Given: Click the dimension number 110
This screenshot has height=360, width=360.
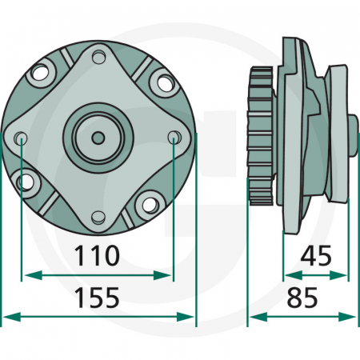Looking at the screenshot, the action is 97,256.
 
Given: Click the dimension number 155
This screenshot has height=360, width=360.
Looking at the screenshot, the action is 97,298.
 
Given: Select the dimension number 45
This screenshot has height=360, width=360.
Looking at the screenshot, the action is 316,256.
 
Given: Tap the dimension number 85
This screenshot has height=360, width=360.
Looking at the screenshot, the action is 302,298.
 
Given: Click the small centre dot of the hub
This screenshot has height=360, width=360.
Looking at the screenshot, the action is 98,138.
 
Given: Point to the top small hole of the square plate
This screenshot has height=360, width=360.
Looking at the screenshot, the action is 99,57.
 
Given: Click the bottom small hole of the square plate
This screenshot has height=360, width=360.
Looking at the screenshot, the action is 98,218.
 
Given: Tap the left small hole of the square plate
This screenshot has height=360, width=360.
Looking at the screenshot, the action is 21,138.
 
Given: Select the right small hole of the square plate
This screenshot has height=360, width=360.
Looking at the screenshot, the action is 174,138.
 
